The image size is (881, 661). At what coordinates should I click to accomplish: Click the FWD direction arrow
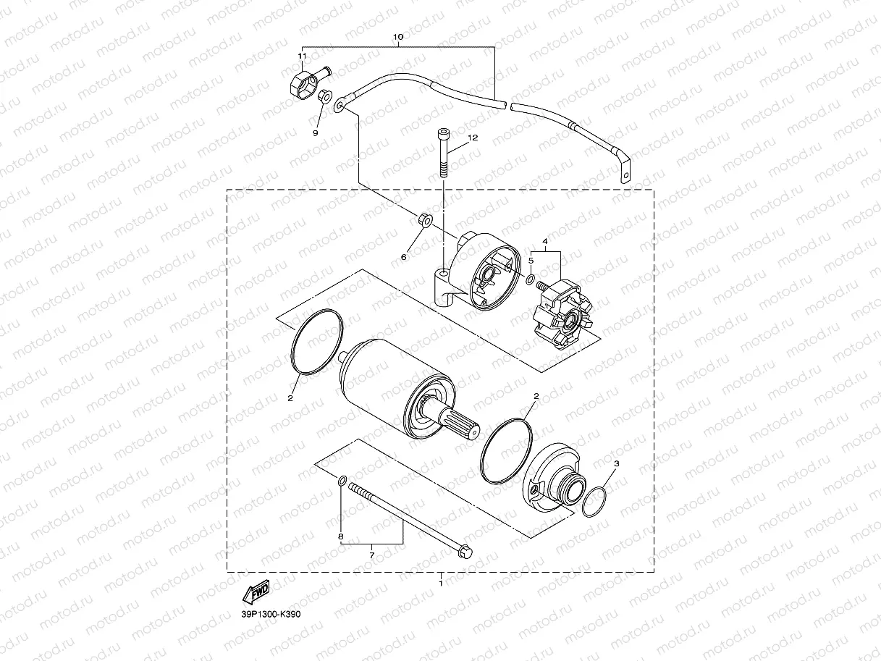(256, 592)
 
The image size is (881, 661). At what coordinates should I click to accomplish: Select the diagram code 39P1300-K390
(271, 614)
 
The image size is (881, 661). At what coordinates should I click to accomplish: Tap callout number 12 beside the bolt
(473, 138)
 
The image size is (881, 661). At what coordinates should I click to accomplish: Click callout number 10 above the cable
(397, 37)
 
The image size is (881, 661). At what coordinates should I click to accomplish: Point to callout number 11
(302, 56)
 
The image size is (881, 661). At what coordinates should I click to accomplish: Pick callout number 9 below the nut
(316, 132)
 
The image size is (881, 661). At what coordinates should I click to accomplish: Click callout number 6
(404, 257)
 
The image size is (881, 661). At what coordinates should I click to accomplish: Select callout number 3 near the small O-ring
(617, 463)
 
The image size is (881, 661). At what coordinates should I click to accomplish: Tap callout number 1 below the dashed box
(441, 583)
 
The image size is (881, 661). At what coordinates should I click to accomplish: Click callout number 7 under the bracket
(371, 555)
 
